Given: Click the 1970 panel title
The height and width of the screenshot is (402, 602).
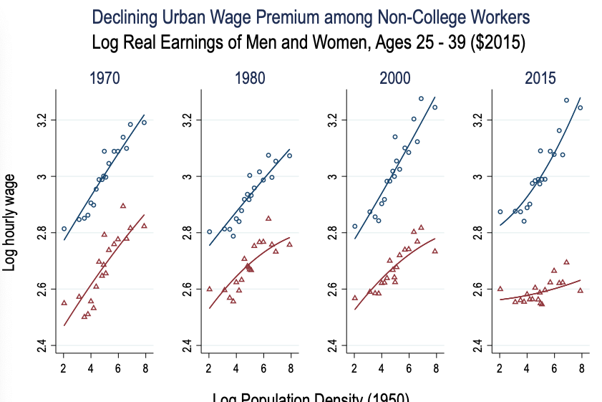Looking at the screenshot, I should (105, 78).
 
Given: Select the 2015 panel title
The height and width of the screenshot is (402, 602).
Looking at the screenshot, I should (540, 78).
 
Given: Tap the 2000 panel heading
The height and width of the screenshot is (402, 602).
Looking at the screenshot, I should (394, 78).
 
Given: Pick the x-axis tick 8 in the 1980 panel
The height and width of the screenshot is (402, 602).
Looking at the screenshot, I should (291, 368).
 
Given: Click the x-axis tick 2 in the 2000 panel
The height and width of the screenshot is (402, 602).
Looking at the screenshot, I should (354, 368).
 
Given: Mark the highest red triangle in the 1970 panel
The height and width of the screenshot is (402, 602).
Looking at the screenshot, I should (123, 206).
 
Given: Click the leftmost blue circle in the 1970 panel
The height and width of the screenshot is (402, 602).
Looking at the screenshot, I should (64, 229).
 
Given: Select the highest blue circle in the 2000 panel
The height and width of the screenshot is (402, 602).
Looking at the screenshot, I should (421, 99).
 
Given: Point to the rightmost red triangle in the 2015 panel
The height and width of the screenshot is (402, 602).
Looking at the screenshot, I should (581, 290).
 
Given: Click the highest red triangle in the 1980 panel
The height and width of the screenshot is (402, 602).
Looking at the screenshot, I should (268, 218).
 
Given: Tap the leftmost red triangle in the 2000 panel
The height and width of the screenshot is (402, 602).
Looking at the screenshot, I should (354, 297).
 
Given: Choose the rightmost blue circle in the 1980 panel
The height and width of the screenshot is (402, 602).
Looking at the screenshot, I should (290, 155).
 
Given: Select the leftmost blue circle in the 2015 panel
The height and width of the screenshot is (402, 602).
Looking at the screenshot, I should (500, 211).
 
